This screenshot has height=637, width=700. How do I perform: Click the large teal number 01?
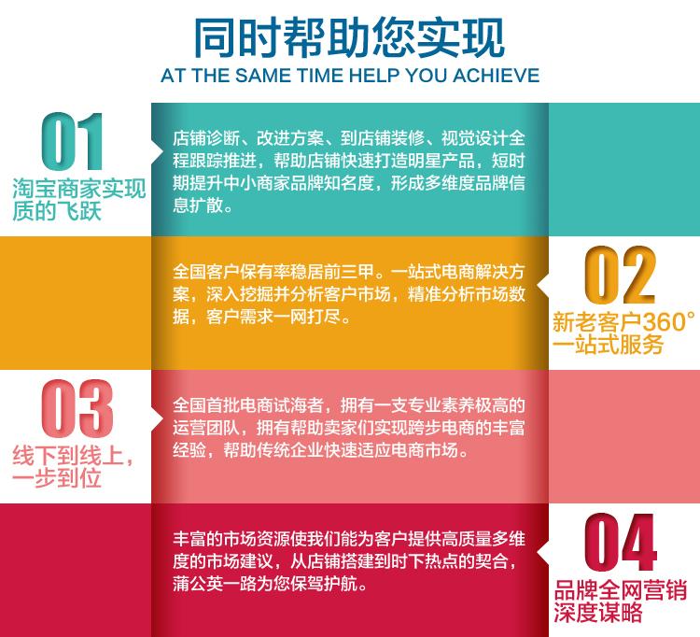[72, 141]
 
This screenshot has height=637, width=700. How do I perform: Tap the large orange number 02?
[620, 275]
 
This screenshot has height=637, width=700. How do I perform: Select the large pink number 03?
[77, 408]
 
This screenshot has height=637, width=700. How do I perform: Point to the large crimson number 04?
[620, 542]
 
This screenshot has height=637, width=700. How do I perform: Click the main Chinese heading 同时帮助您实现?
[349, 38]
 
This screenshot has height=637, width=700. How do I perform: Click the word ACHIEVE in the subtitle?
[496, 76]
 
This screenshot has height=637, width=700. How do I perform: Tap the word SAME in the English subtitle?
[263, 76]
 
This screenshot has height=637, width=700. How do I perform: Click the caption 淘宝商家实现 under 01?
[79, 189]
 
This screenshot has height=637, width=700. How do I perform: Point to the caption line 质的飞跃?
[57, 211]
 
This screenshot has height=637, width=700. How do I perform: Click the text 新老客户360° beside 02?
[623, 321]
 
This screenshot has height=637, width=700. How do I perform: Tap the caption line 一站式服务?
[608, 345]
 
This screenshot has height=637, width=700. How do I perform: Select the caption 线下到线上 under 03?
[68, 456]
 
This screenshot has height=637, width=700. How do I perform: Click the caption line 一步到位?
[57, 478]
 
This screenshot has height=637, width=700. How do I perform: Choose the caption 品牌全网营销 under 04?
[620, 589]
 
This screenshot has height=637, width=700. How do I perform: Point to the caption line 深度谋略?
[597, 612]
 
